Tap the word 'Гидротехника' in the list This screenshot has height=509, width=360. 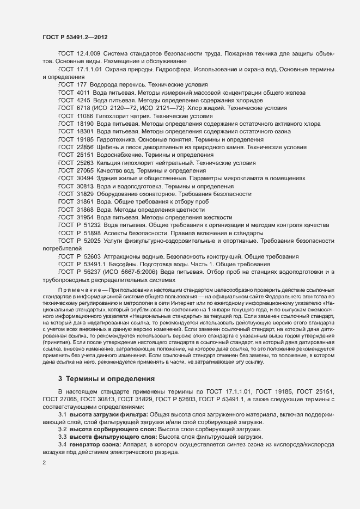tap(117, 139)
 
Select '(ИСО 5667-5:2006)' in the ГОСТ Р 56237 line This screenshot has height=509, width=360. tap(131, 271)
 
